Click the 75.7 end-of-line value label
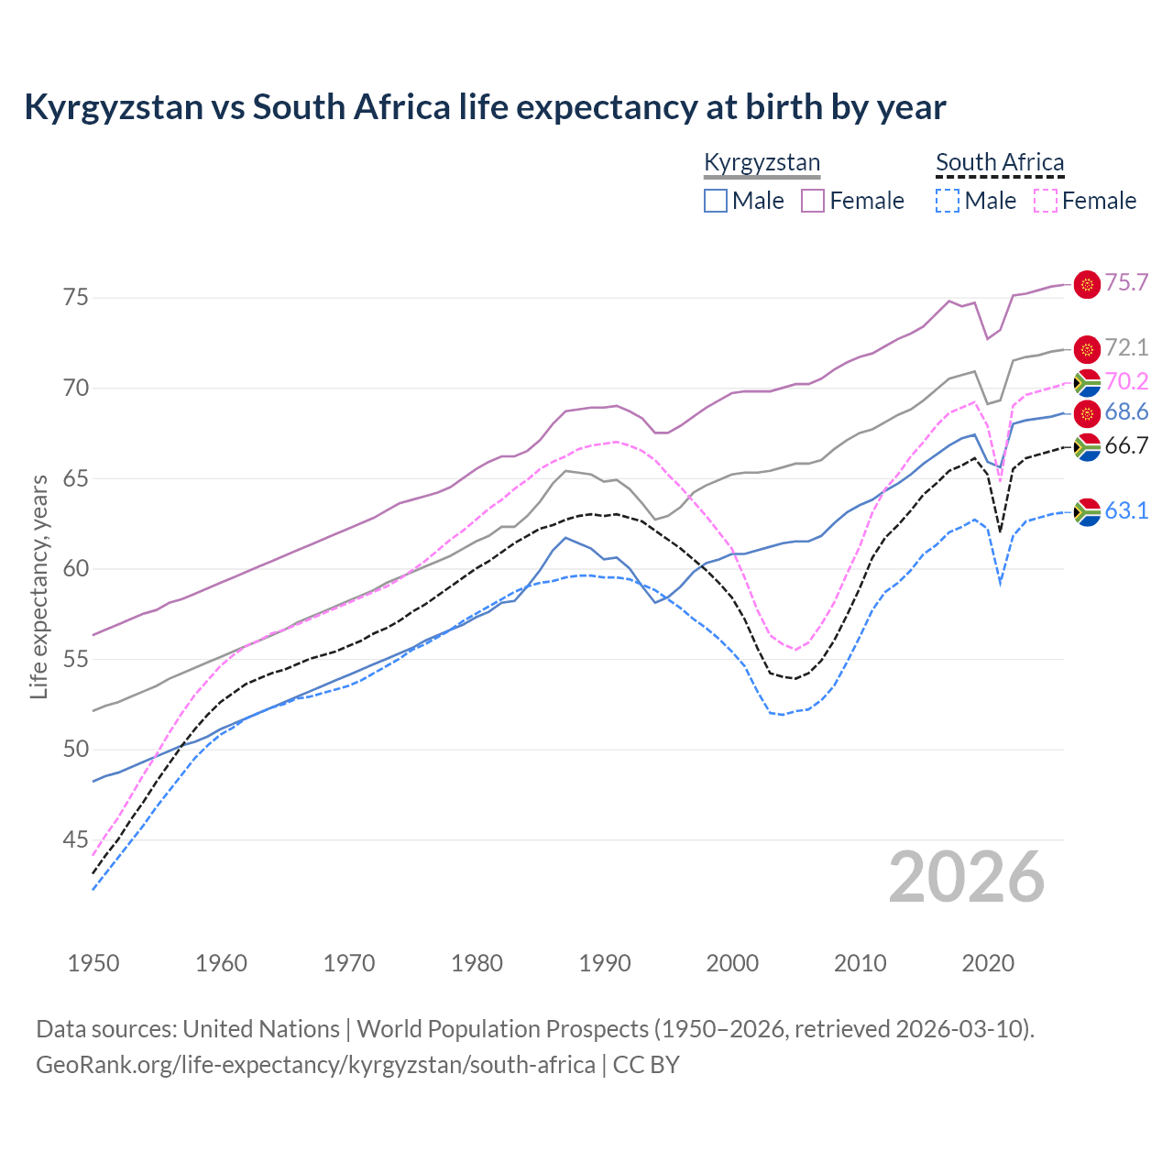[1126, 283]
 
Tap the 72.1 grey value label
[1126, 348]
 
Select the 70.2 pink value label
[1126, 381]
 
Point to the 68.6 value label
[1126, 412]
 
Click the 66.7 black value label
[1126, 446]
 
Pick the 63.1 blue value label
[1126, 511]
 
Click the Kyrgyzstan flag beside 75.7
[1087, 285]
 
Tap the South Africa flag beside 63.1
[1087, 511]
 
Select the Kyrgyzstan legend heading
[762, 163]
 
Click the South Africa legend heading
[1000, 163]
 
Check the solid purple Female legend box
[813, 201]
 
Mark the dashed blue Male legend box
[948, 201]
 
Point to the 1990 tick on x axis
[605, 963]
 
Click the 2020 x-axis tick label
[988, 963]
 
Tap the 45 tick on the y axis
[77, 840]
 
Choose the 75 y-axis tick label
[77, 298]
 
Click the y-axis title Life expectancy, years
[38, 586]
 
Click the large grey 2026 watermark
[966, 877]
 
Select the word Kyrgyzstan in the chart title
[114, 107]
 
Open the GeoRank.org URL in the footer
[315, 1065]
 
